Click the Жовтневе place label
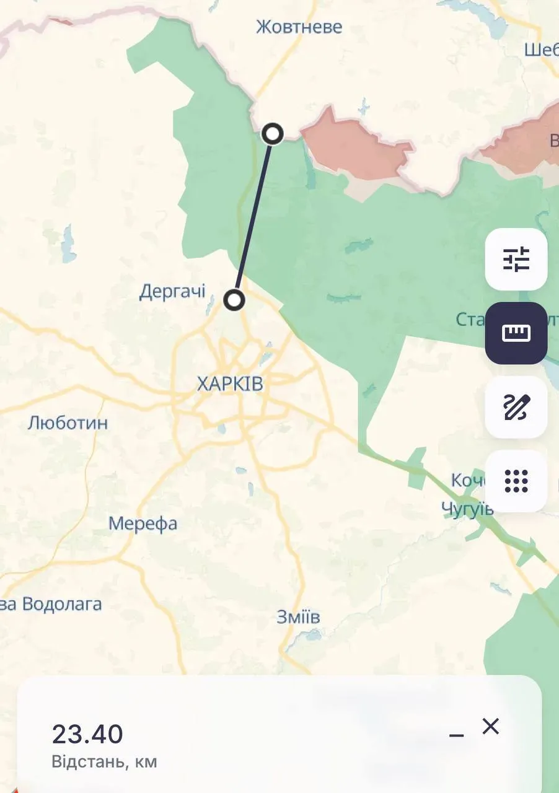click(299, 27)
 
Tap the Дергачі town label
click(172, 291)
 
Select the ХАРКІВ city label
click(230, 384)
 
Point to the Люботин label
click(68, 423)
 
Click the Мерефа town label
click(143, 524)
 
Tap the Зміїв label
click(298, 617)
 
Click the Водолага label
click(61, 604)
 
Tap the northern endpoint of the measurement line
click(273, 133)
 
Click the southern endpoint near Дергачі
click(234, 300)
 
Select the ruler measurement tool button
click(516, 333)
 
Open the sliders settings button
click(516, 260)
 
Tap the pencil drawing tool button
click(516, 407)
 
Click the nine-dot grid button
click(516, 481)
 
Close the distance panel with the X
click(490, 726)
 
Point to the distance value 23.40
click(87, 734)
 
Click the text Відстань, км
click(104, 761)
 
